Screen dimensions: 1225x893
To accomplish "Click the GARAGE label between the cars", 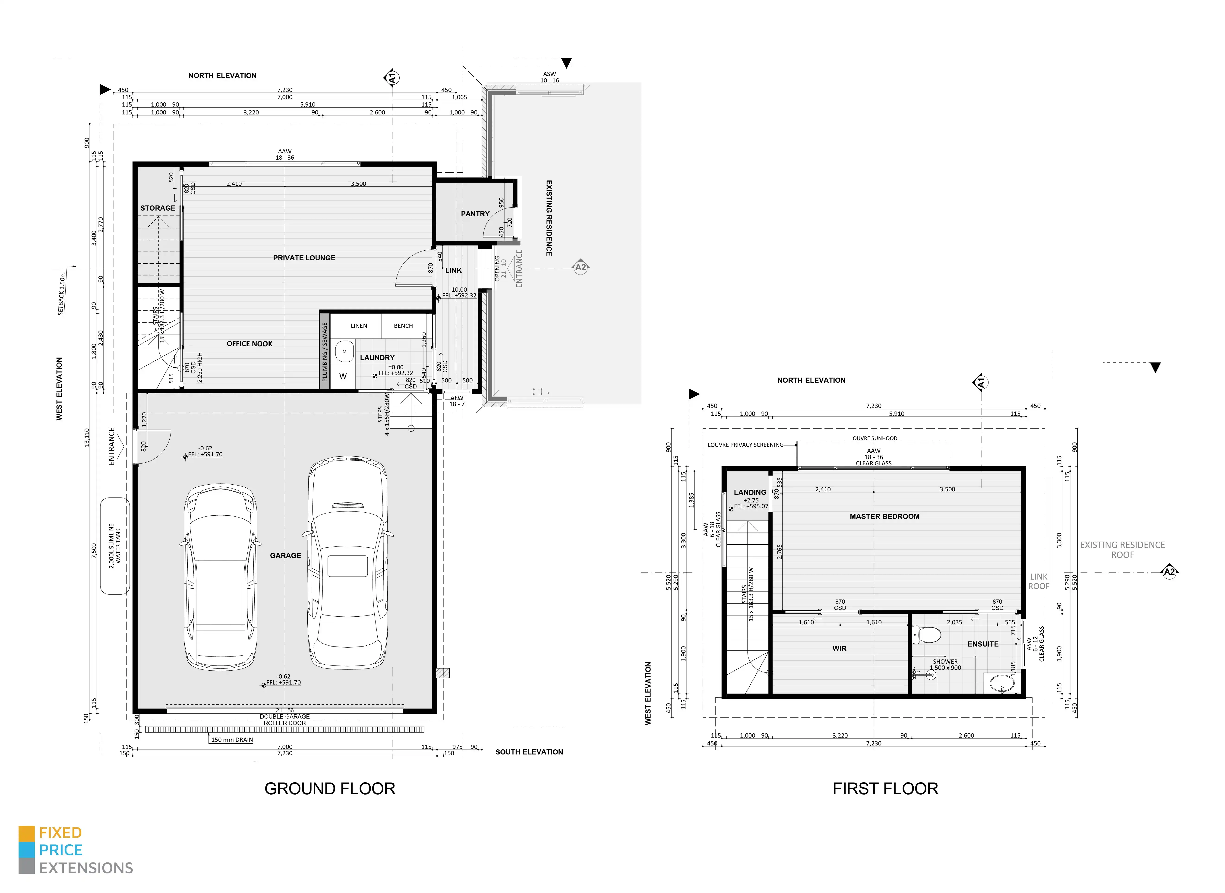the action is (285, 556).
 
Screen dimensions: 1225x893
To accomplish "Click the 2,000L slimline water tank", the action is (115, 546).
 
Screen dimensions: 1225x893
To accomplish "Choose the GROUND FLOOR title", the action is (330, 789).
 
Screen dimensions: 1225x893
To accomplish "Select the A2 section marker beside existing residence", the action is (580, 267).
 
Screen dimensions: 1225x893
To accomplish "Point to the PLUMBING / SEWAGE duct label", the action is (324, 352).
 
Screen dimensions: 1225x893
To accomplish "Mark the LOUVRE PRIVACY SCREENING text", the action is (745, 445).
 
